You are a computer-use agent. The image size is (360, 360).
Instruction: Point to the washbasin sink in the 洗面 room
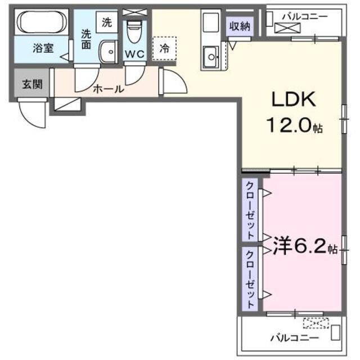106,52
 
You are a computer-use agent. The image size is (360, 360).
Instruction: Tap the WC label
134,55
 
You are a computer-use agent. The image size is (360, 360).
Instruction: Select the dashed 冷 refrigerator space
164,48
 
